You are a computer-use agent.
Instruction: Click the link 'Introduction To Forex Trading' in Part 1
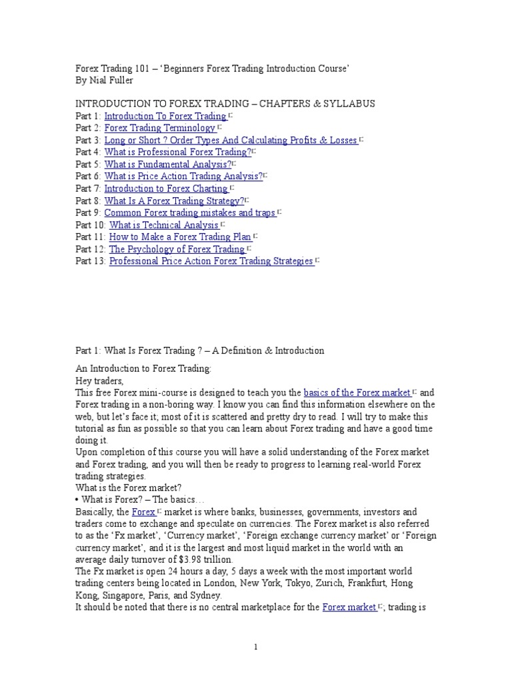coord(165,116)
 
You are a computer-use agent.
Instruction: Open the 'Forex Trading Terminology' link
coord(160,128)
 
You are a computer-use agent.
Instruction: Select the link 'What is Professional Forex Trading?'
coord(177,152)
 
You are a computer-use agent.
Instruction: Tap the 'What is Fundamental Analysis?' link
coord(168,164)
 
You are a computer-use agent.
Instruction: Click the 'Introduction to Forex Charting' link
coord(166,188)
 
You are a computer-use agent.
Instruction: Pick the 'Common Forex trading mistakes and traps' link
coord(190,212)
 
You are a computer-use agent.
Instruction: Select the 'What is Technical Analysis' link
coord(164,225)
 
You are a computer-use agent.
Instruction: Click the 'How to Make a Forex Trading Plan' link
coord(180,237)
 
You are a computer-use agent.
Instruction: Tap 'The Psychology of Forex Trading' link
coord(177,249)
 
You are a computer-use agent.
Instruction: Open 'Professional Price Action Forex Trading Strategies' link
coord(211,261)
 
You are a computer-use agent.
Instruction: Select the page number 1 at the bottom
coord(255,647)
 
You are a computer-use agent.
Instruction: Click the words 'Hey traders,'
coord(100,380)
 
